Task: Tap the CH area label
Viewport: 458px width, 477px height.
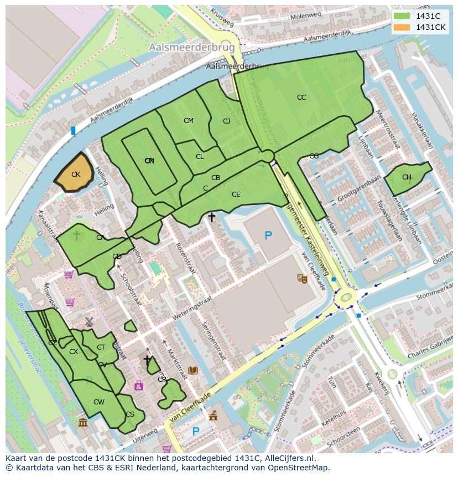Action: pyautogui.click(x=407, y=177)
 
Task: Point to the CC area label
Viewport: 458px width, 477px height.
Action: pyautogui.click(x=301, y=98)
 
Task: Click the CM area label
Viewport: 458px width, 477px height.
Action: pyautogui.click(x=189, y=121)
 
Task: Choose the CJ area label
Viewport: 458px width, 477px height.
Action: pyautogui.click(x=226, y=121)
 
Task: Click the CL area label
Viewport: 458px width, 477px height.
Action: pyautogui.click(x=200, y=157)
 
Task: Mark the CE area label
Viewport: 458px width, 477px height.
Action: pyautogui.click(x=236, y=194)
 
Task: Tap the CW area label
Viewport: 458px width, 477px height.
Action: pyautogui.click(x=98, y=402)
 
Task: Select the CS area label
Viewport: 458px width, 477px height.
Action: pyautogui.click(x=130, y=414)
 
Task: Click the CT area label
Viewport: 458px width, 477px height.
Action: pyautogui.click(x=101, y=347)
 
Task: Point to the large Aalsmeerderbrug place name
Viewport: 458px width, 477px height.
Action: pyautogui.click(x=191, y=48)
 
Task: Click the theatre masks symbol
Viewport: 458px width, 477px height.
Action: pyautogui.click(x=302, y=278)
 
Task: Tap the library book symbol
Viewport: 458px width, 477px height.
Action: pyautogui.click(x=193, y=370)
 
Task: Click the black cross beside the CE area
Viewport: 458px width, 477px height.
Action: pyautogui.click(x=211, y=217)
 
